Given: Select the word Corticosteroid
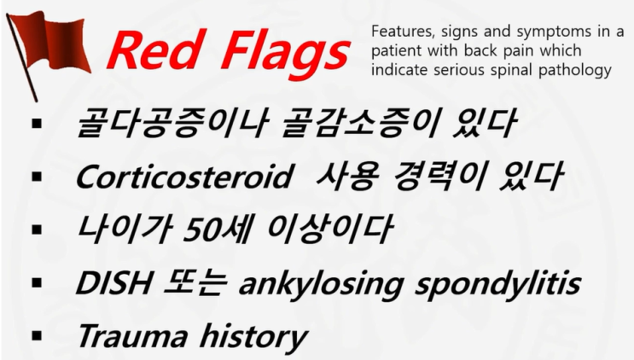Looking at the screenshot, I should (178, 177).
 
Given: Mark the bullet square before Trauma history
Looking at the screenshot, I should (37, 335).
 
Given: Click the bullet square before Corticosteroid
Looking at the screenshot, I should (37, 177).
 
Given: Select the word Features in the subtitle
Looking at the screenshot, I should (399, 32).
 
